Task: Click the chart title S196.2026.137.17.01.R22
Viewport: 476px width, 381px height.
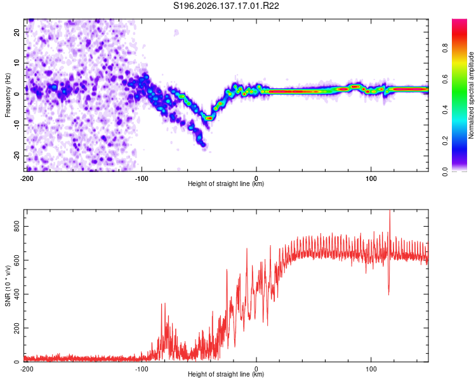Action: click(x=226, y=6)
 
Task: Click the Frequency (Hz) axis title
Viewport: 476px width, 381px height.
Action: click(x=8, y=95)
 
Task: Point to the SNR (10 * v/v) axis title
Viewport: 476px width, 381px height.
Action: click(x=8, y=286)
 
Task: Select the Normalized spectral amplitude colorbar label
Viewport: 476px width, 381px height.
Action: click(x=471, y=95)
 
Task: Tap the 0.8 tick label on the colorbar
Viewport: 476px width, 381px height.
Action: click(x=445, y=48)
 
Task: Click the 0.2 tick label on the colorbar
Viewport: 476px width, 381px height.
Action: click(x=445, y=141)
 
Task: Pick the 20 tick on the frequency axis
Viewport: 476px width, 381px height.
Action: click(x=17, y=32)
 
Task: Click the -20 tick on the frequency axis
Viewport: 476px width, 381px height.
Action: click(x=17, y=156)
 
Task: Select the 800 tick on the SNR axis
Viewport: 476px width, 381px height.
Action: click(x=17, y=226)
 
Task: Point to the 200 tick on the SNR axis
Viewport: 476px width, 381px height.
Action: click(x=17, y=328)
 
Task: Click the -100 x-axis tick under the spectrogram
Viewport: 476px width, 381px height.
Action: click(x=141, y=178)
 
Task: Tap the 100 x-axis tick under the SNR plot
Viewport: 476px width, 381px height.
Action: click(x=371, y=369)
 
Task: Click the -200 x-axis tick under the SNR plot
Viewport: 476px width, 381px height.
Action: click(x=27, y=369)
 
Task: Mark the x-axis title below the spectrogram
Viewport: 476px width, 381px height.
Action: click(x=226, y=184)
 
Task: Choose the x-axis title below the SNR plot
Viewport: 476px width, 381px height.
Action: click(x=226, y=374)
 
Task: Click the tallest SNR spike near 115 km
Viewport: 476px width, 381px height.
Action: click(x=390, y=211)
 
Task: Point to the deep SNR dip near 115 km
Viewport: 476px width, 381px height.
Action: click(x=388, y=294)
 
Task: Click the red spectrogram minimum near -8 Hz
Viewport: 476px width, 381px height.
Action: click(x=209, y=117)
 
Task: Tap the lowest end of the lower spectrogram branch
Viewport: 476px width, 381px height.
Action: click(x=203, y=145)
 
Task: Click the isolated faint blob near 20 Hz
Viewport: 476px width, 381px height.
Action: click(x=176, y=32)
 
